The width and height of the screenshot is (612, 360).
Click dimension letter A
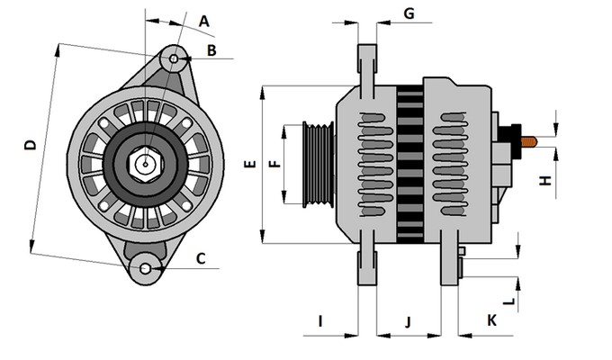coord(204,21)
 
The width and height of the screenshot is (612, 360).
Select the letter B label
coord(211,50)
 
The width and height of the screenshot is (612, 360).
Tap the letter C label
coord(202,259)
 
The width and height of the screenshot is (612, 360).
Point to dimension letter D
coord(30,146)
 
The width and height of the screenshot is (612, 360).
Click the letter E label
coord(251,165)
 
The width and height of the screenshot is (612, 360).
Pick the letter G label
coord(409,13)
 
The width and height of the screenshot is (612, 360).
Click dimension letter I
coord(320,320)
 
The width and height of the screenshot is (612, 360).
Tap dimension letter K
coord(491,320)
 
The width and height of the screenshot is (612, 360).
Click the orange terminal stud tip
coord(532,141)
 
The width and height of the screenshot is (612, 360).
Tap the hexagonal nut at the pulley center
coord(144,165)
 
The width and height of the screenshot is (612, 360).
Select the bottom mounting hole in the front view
coord(144,268)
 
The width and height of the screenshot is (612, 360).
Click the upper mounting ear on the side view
coord(367,63)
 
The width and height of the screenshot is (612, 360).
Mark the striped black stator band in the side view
coord(409,164)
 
